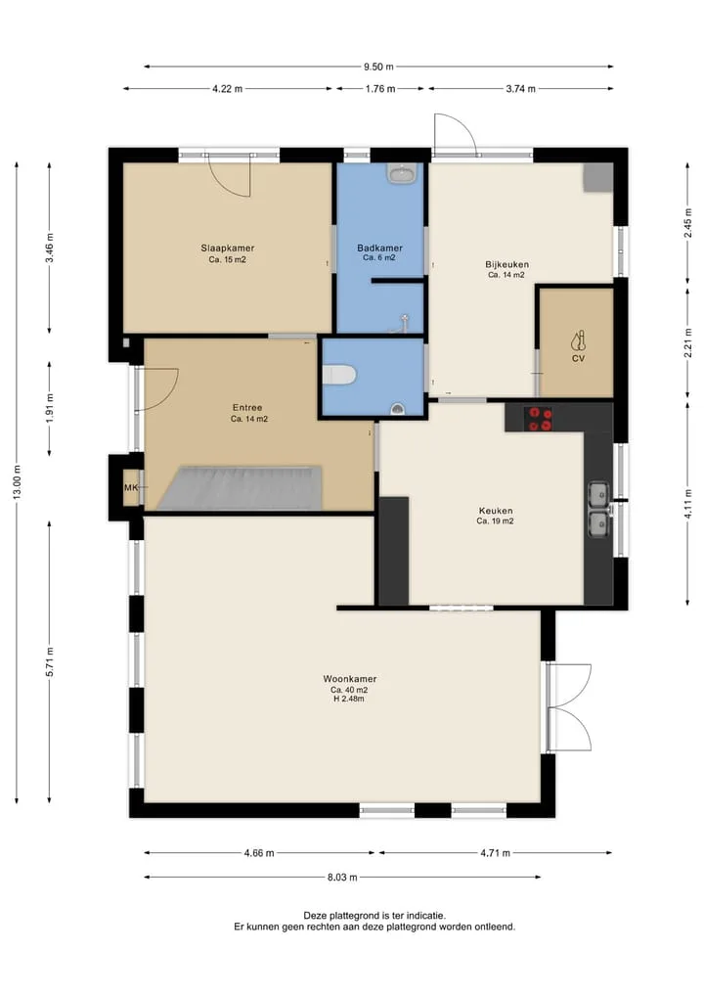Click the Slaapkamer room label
point(228,249)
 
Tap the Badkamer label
point(379,249)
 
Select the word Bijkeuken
point(506,264)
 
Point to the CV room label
point(578,358)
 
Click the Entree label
point(247,407)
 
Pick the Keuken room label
point(496,510)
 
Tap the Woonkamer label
point(349,678)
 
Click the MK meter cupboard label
point(131,487)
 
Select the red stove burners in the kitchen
point(541,419)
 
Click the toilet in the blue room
point(337,375)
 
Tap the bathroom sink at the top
point(402,172)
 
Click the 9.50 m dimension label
point(378,67)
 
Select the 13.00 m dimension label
point(18,482)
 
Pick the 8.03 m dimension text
point(342,877)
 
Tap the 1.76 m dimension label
point(380,89)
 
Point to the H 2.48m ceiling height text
point(349,699)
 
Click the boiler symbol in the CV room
point(578,341)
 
